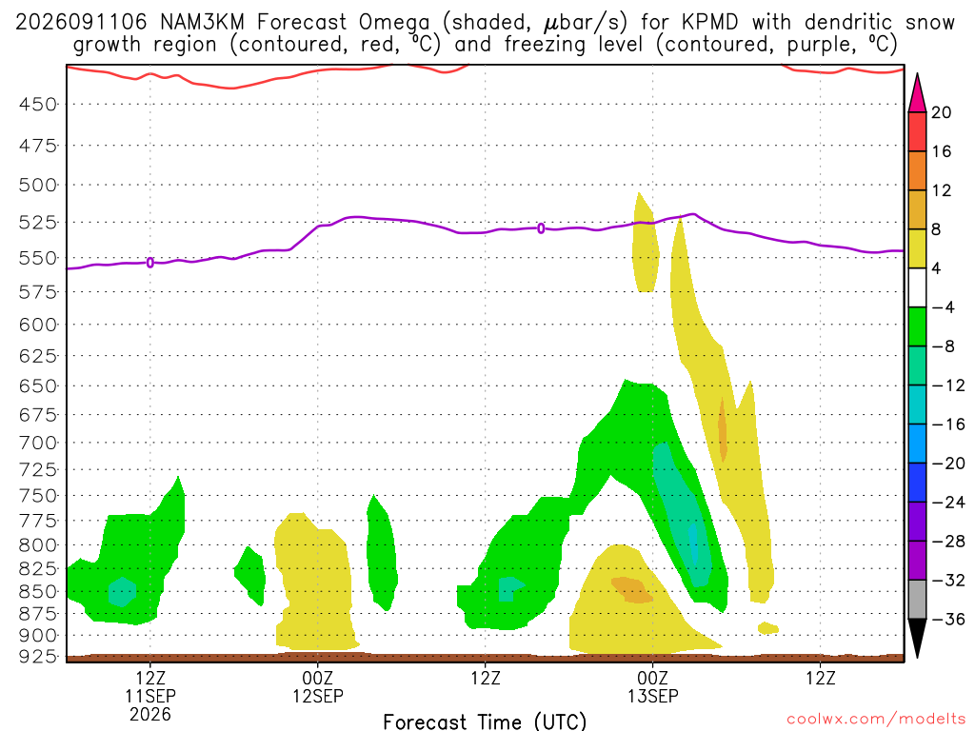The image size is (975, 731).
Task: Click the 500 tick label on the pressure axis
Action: [x=38, y=185]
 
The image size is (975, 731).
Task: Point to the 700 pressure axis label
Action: [x=38, y=444]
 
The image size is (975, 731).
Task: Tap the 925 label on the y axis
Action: [x=38, y=657]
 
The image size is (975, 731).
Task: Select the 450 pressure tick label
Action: [x=38, y=105]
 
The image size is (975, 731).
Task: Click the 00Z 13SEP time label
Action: [x=653, y=687]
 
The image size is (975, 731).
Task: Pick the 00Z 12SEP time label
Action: [x=318, y=687]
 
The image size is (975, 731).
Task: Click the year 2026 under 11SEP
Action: [x=150, y=714]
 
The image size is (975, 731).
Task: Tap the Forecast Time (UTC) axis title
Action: [x=485, y=721]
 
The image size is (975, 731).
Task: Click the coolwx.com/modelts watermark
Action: [x=876, y=720]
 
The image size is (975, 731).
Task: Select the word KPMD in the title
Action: [x=709, y=23]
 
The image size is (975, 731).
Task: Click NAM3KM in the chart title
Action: [x=202, y=23]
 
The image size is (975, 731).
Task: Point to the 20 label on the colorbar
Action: [x=941, y=112]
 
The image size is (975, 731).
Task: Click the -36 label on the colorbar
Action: [x=947, y=619]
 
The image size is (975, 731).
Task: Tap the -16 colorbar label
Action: [x=947, y=425]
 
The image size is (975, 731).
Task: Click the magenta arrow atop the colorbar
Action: [x=917, y=93]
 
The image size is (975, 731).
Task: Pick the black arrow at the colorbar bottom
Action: [x=917, y=639]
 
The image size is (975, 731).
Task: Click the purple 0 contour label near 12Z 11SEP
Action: [x=149, y=263]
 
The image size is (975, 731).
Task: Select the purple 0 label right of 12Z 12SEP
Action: [x=541, y=228]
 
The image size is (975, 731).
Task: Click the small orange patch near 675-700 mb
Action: [x=723, y=429]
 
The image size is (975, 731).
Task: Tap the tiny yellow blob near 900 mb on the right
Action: [x=768, y=628]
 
